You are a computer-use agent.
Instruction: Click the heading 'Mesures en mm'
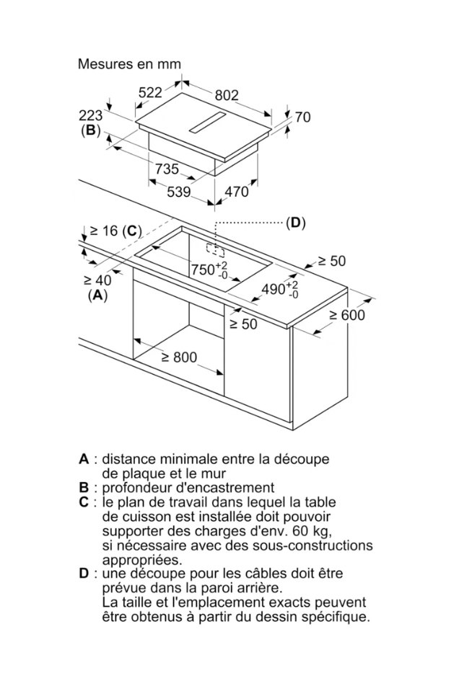[x=129, y=64]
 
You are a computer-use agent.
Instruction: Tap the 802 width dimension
[x=227, y=95]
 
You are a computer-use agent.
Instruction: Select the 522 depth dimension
[x=150, y=92]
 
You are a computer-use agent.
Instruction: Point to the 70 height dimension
[x=302, y=117]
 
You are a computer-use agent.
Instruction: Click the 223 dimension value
[x=91, y=115]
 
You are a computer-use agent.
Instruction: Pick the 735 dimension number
[x=167, y=169]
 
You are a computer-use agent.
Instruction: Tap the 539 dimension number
[x=179, y=192]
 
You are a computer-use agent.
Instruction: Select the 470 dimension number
[x=237, y=192]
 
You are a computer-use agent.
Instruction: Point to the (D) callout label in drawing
[x=296, y=223]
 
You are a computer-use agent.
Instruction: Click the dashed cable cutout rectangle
[x=216, y=250]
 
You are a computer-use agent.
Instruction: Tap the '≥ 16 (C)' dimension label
[x=115, y=231]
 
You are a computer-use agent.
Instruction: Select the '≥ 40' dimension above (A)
[x=97, y=280]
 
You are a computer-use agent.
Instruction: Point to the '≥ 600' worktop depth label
[x=347, y=315]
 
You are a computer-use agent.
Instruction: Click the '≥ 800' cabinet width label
[x=179, y=357]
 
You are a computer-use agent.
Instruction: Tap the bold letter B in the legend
[x=84, y=487]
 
